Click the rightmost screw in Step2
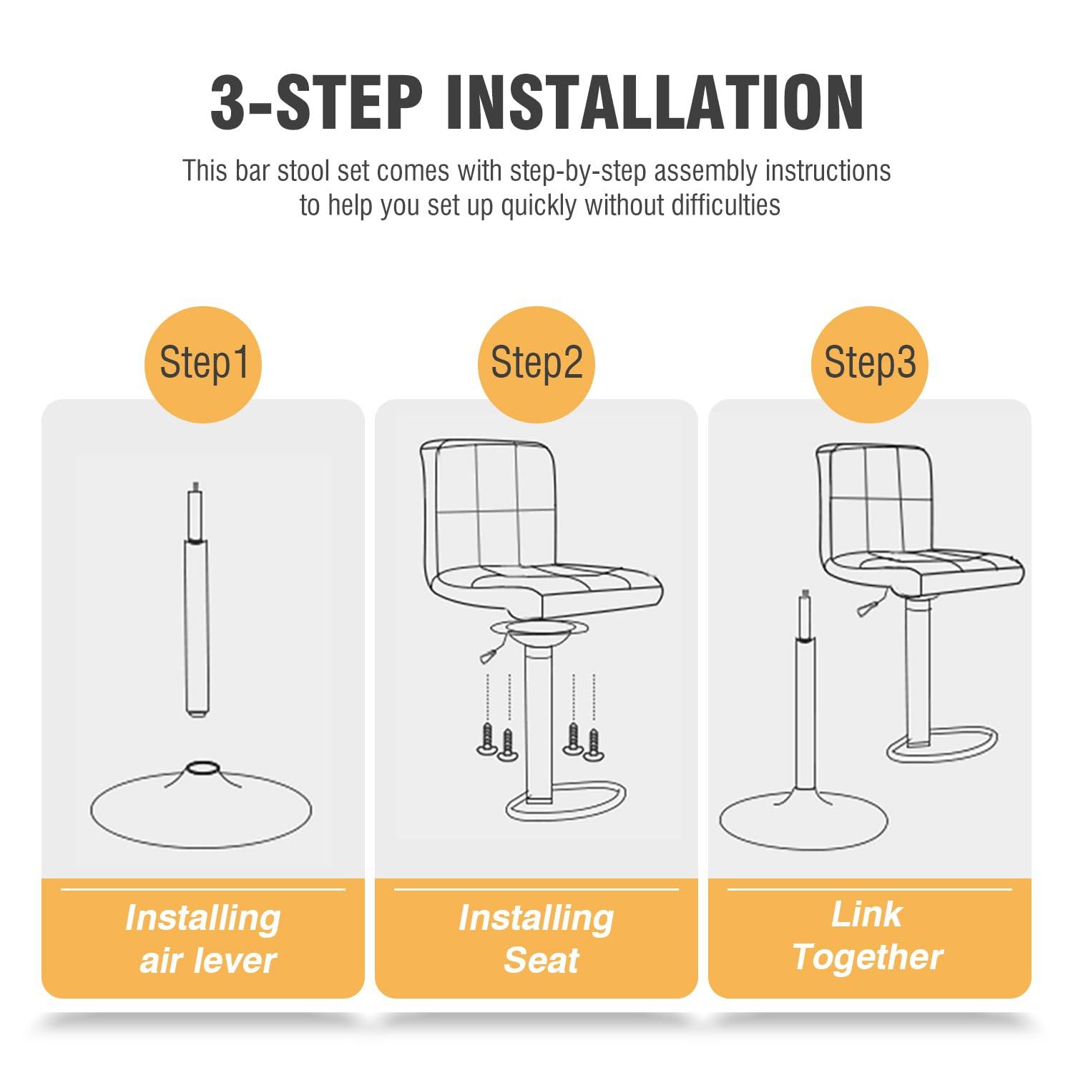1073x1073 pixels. pyautogui.click(x=592, y=744)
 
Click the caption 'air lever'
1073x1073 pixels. pyautogui.click(x=207, y=960)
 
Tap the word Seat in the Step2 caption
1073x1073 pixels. pyautogui.click(x=541, y=960)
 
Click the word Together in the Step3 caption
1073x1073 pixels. pyautogui.click(x=867, y=957)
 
